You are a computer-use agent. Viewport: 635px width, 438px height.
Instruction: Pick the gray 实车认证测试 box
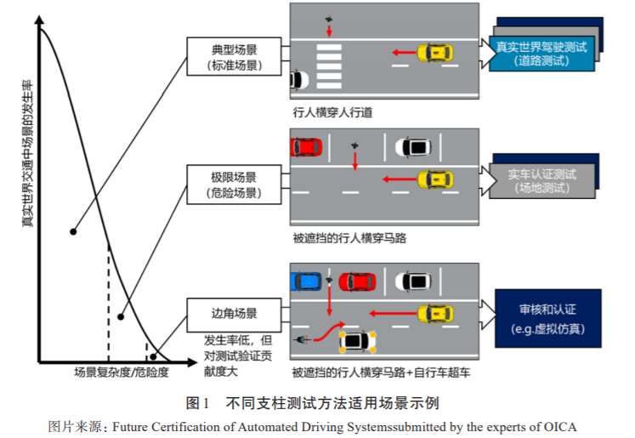541,181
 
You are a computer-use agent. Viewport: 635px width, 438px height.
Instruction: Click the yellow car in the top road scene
434,54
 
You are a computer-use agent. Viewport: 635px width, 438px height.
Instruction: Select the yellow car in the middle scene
434,180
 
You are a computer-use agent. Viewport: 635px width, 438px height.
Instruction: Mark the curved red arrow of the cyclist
327,332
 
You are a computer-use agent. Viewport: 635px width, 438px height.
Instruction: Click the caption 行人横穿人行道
332,111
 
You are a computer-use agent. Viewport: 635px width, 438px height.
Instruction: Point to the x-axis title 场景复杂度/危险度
121,373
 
